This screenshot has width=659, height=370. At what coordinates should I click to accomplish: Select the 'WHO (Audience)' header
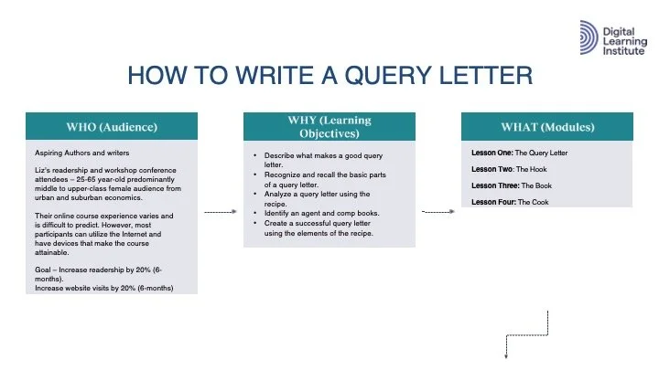pyautogui.click(x=112, y=126)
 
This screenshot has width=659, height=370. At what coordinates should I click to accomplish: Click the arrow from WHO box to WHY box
pyautogui.click(x=221, y=211)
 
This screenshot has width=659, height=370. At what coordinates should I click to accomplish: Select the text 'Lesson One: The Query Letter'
pyautogui.click(x=519, y=153)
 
